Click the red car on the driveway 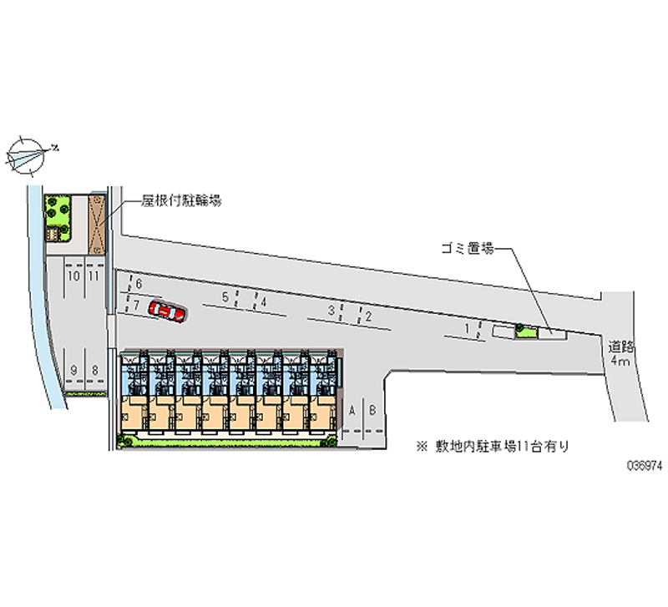pyautogui.click(x=167, y=311)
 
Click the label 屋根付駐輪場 pyautogui.click(x=180, y=201)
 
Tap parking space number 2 pyautogui.click(x=367, y=316)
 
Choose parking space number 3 pyautogui.click(x=331, y=311)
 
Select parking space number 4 pyautogui.click(x=263, y=302)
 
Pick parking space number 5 pyautogui.click(x=225, y=297)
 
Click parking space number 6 pyautogui.click(x=139, y=286)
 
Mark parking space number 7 pyautogui.click(x=135, y=305)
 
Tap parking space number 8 pyautogui.click(x=95, y=370)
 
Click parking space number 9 pyautogui.click(x=74, y=370)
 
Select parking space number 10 pyautogui.click(x=74, y=275)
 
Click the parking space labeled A pyautogui.click(x=353, y=410)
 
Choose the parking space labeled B pyautogui.click(x=373, y=410)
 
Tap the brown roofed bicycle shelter pyautogui.click(x=97, y=223)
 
